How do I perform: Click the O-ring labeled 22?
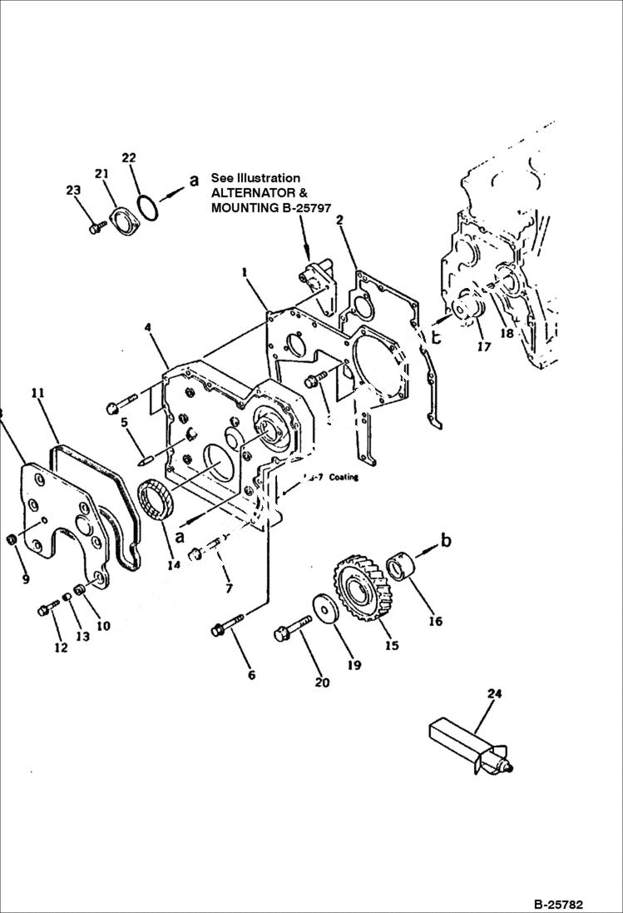[149, 209]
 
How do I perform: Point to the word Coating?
[343, 478]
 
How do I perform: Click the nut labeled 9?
[12, 543]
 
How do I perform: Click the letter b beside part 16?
[446, 541]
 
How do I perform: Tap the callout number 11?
[38, 392]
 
